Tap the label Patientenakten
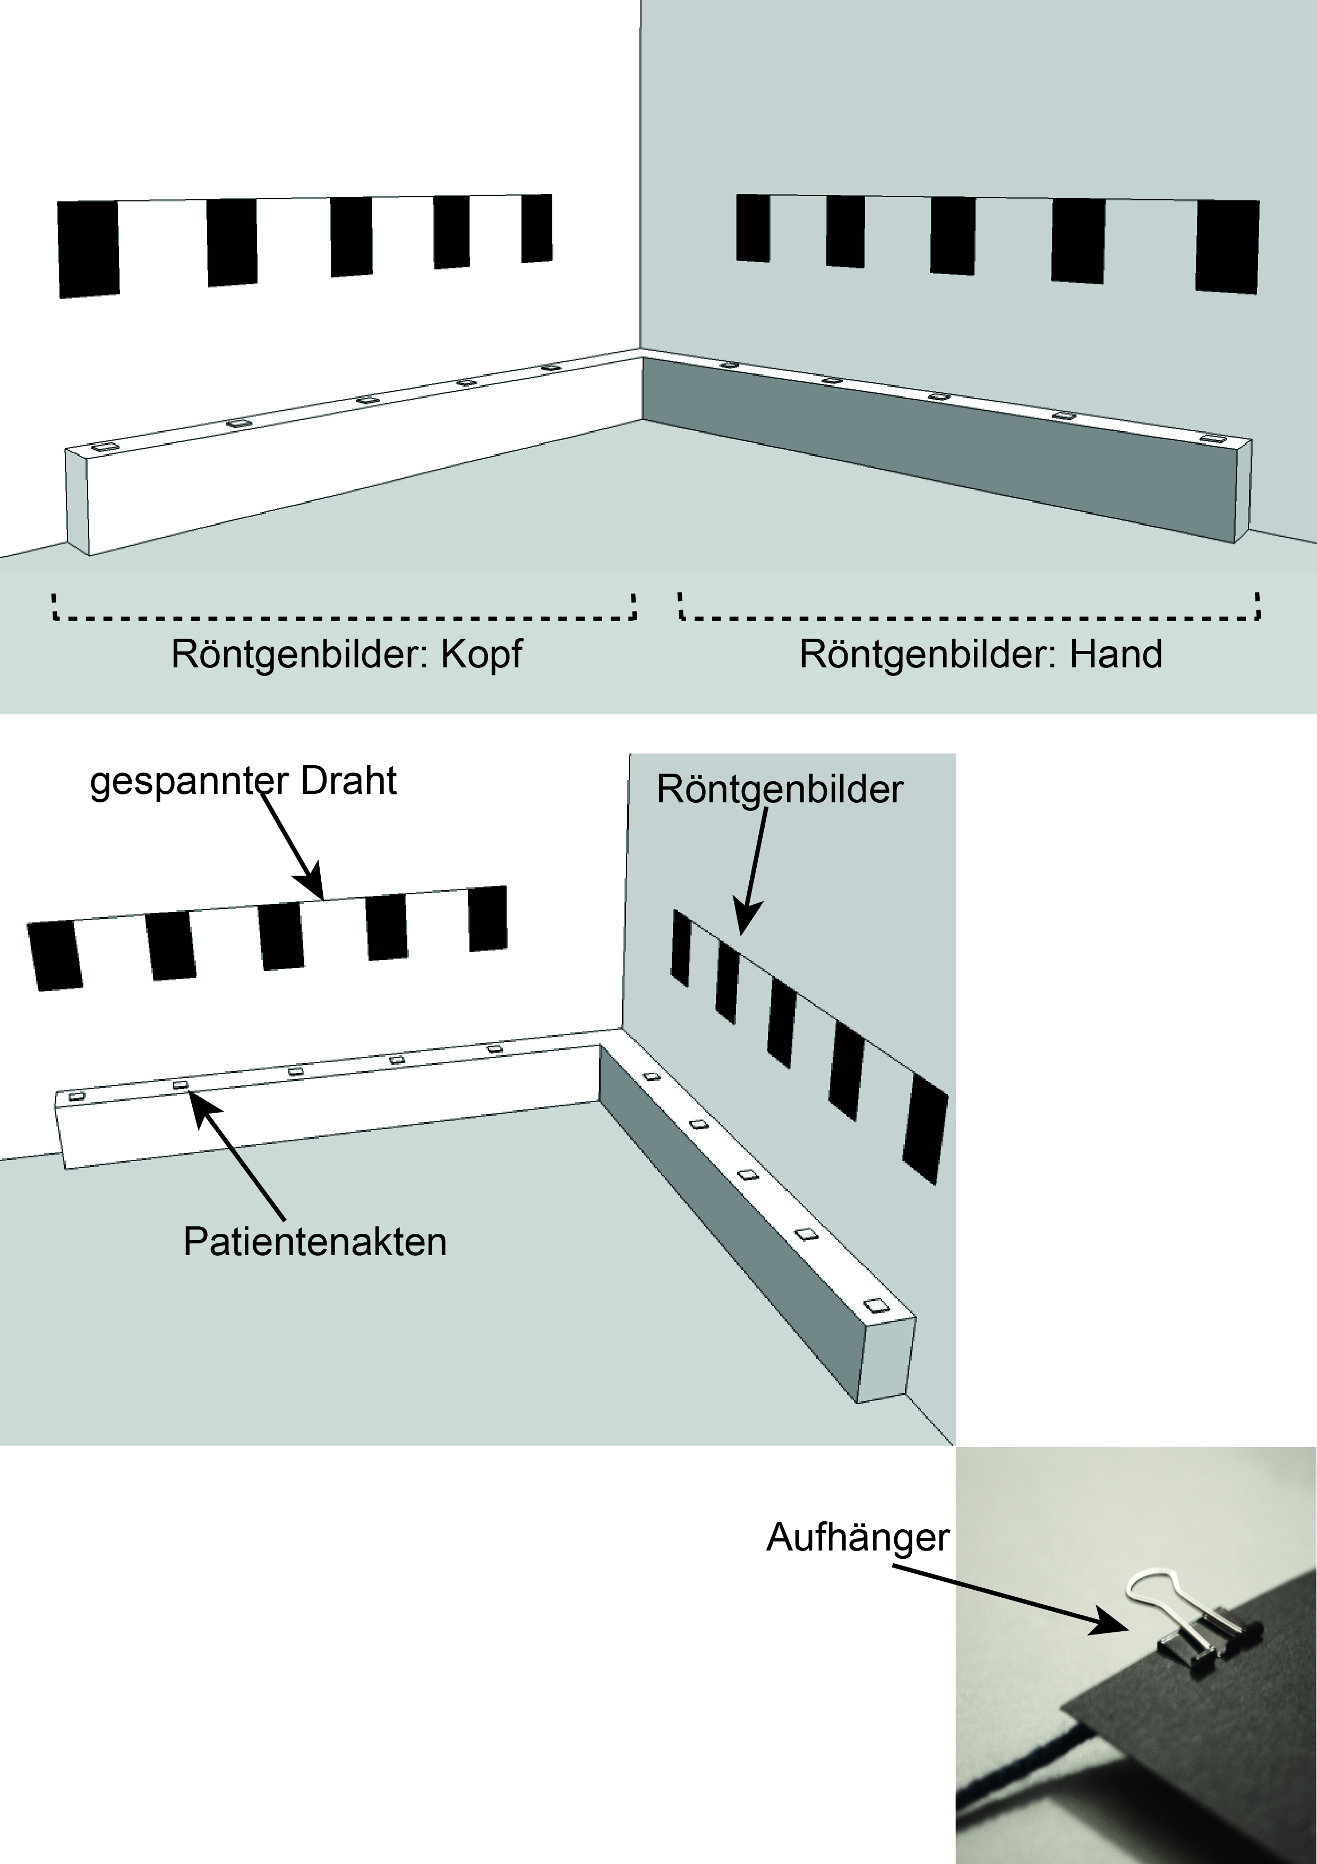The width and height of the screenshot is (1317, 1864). click(315, 1242)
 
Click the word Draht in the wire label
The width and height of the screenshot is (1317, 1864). click(348, 782)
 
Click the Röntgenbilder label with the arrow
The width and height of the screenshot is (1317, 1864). click(779, 790)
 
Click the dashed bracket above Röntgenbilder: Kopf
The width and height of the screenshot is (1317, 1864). click(344, 616)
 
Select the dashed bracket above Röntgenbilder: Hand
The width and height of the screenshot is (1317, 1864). click(970, 616)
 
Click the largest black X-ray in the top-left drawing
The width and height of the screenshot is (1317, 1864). click(89, 249)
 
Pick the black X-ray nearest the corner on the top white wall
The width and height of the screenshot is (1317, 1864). click(536, 228)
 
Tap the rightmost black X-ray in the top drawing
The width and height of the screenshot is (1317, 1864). click(1227, 246)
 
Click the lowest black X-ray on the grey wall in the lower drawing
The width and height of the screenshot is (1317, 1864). click(925, 1129)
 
